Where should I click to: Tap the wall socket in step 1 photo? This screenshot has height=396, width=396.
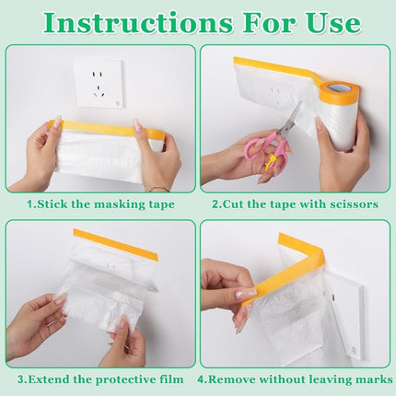click(99, 83)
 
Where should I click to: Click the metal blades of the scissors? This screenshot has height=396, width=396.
click(289, 121)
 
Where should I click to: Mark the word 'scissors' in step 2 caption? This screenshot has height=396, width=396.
click(350, 204)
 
